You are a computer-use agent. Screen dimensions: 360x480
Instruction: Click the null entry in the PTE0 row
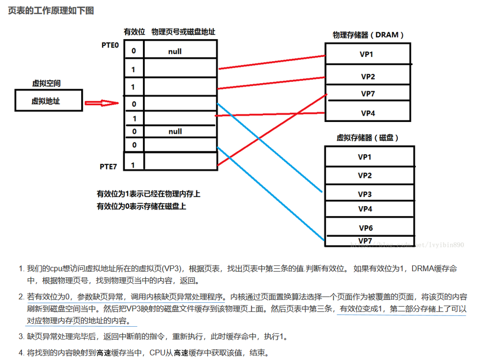[175, 51]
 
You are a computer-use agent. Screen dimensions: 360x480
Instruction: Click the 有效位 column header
[135, 32]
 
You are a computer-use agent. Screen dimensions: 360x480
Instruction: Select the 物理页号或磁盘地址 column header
[183, 32]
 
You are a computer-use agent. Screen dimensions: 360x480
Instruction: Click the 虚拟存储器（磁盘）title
[367, 138]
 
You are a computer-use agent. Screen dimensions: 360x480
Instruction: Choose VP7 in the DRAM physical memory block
[368, 93]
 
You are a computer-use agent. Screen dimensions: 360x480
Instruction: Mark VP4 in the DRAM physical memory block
[368, 113]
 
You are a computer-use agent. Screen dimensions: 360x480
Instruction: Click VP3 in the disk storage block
[365, 194]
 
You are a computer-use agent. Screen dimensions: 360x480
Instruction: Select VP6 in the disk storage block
[366, 228]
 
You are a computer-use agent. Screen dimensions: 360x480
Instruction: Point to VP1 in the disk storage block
[365, 157]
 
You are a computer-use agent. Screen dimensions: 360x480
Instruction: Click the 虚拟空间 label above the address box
[47, 84]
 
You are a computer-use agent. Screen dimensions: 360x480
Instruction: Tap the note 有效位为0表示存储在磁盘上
[141, 206]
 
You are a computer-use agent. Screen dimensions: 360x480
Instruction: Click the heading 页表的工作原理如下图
[51, 10]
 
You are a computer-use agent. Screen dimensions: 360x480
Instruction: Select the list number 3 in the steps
[21, 336]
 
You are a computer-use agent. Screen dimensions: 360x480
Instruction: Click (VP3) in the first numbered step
[172, 269]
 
